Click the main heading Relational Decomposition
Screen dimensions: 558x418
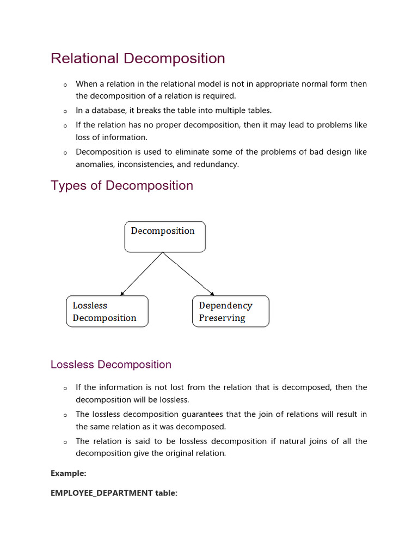[138, 58]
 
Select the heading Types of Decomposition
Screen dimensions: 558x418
[122, 185]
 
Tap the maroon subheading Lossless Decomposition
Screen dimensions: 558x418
[111, 365]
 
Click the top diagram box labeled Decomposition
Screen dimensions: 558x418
[165, 236]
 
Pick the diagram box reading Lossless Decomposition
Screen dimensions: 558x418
[107, 311]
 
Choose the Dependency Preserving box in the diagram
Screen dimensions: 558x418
[230, 311]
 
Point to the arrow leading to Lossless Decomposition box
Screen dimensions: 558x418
[142, 274]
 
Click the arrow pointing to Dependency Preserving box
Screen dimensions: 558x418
[189, 274]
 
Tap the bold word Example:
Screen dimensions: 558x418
[69, 474]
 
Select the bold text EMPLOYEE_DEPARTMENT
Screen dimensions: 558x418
[102, 493]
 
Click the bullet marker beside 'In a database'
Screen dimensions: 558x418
[65, 111]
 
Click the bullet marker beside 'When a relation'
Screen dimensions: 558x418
[65, 84]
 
